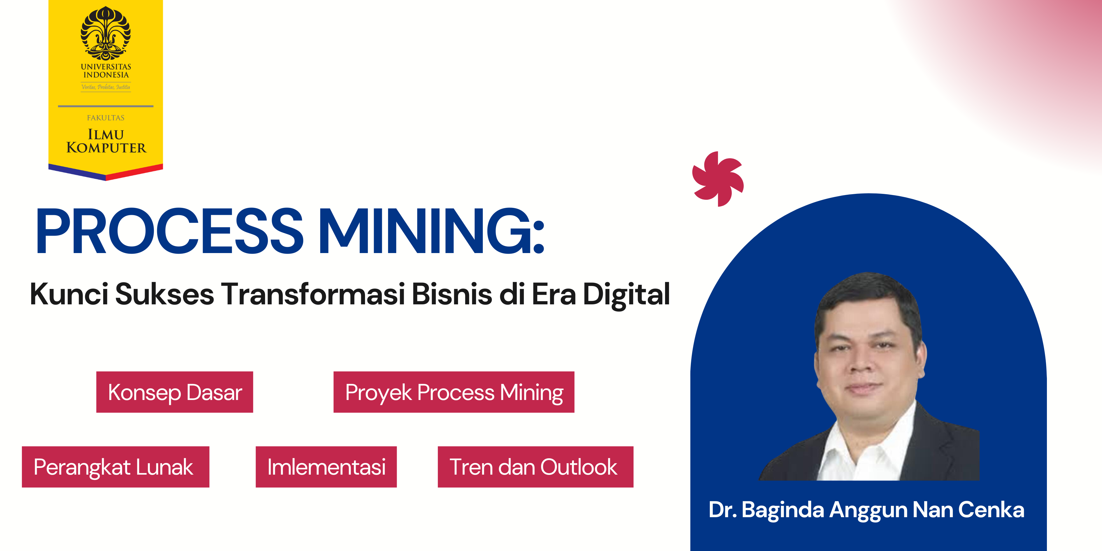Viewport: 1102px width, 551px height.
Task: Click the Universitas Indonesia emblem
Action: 106,33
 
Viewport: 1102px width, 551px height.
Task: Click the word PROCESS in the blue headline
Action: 170,231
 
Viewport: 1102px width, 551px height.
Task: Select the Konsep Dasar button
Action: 175,392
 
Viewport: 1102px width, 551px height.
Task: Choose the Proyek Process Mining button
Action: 454,392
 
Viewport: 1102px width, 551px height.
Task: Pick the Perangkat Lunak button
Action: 115,467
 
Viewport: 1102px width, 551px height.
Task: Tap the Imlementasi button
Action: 326,467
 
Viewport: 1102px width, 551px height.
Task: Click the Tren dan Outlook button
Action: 536,467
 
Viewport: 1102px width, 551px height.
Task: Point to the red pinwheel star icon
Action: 718,179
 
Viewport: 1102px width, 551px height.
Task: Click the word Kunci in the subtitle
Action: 69,294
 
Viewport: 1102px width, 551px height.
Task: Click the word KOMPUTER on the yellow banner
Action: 106,148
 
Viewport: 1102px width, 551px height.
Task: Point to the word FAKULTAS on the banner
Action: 106,118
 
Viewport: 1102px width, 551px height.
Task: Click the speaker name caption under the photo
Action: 866,510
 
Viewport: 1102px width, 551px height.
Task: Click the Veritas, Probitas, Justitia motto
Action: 106,87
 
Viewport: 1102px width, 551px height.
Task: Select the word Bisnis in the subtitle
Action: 452,294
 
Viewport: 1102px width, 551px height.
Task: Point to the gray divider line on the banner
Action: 106,106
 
